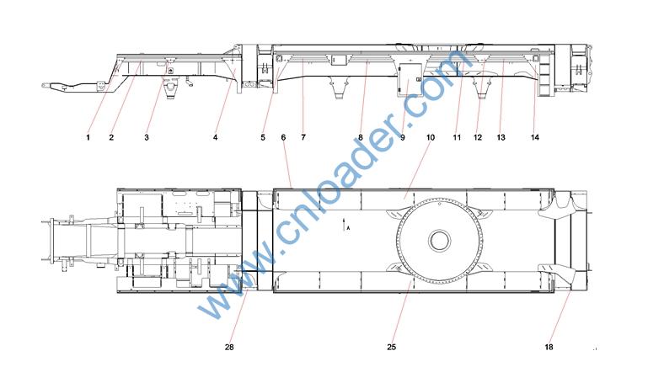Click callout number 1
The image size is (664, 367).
88,137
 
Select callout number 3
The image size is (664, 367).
147,137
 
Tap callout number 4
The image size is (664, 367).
215,137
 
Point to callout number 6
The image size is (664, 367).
283,137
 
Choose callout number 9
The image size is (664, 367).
402,137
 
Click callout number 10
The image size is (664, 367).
431,137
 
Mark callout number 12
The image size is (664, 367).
478,137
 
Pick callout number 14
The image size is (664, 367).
535,137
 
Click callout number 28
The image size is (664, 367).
229,347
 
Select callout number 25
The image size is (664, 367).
392,347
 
